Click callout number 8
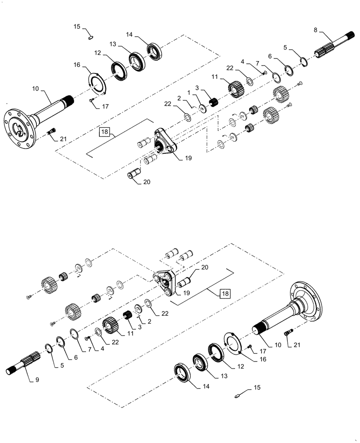click(x=315, y=31)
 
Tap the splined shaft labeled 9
click(x=27, y=361)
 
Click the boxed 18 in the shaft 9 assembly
click(x=225, y=293)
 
